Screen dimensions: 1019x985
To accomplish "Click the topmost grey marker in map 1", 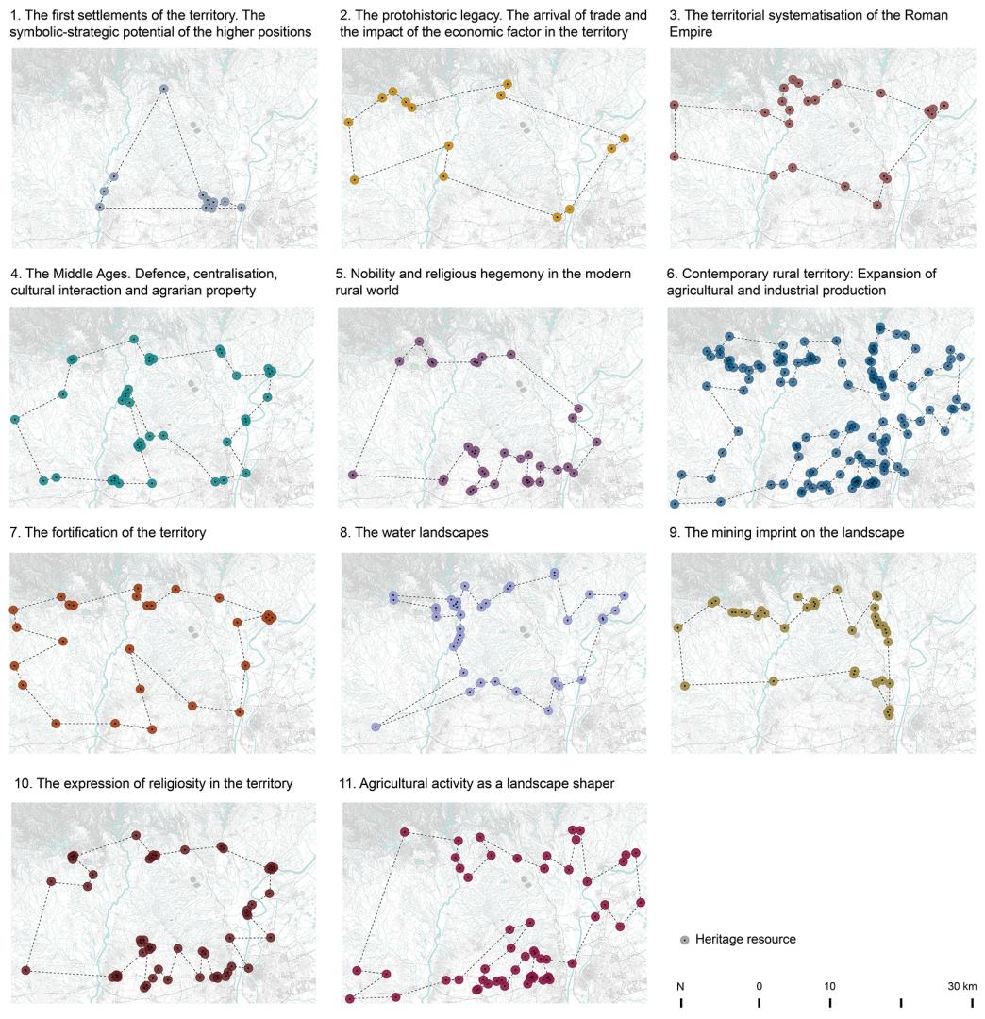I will (x=163, y=89).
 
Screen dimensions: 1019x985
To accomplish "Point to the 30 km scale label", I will (x=962, y=986).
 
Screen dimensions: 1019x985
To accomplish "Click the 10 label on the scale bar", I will (x=829, y=986).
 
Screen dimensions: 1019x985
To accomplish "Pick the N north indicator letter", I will (x=680, y=986).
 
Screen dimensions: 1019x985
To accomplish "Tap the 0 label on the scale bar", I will (x=759, y=986).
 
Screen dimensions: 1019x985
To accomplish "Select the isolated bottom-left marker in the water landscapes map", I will (x=375, y=727).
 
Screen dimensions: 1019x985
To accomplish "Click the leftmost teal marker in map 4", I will (x=15, y=419).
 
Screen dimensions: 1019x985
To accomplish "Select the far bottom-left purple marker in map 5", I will (x=353, y=475).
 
